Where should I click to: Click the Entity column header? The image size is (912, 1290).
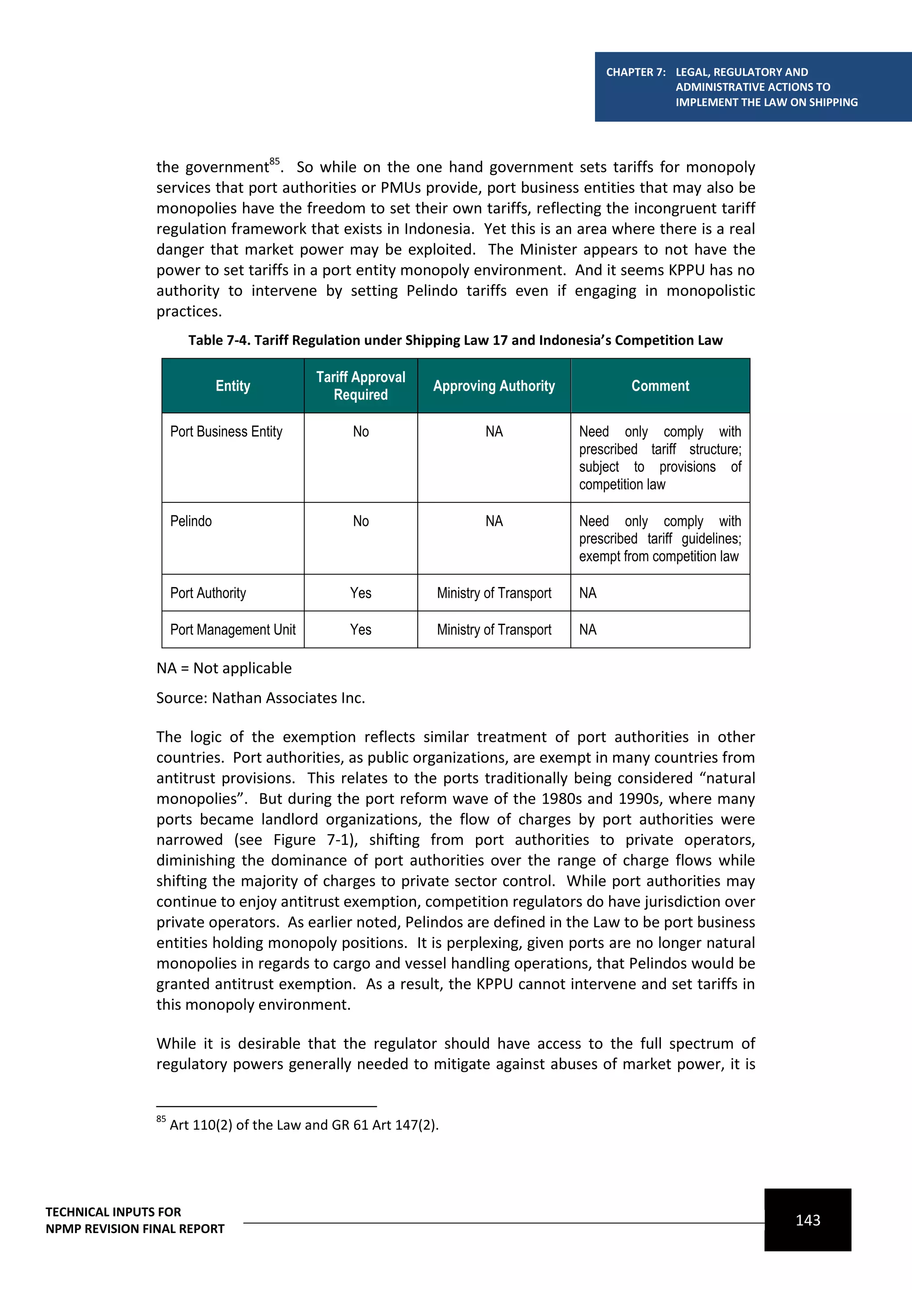232,386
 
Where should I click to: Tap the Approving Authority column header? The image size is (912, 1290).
493,386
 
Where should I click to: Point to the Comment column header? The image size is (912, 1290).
660,386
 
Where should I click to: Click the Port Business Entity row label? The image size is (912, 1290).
226,432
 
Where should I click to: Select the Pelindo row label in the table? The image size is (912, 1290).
191,521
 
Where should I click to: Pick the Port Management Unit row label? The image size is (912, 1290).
232,629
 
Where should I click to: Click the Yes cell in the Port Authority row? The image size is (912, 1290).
361,593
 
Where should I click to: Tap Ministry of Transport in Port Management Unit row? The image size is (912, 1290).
493,629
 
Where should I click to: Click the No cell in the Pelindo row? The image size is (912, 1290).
361,521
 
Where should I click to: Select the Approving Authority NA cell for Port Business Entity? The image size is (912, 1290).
493,432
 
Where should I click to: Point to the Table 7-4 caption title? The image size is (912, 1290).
455,340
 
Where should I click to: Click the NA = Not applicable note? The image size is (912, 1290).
224,668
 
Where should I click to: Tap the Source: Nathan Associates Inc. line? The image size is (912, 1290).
261,698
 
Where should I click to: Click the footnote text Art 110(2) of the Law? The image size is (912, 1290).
303,1125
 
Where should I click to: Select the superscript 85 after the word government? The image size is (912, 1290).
274,162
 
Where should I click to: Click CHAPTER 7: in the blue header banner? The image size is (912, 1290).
635,72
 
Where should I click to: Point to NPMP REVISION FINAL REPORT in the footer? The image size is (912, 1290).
135,1229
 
